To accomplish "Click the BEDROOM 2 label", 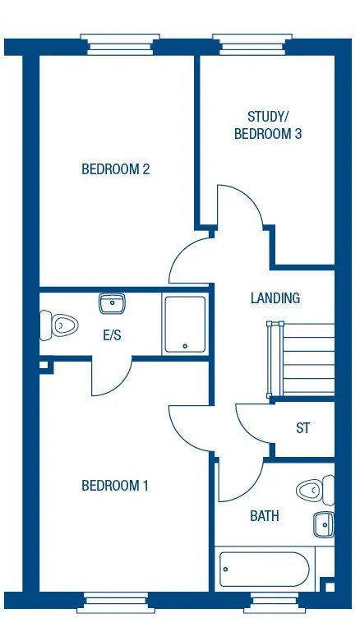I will coord(115,169).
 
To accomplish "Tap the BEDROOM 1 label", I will coord(115,486).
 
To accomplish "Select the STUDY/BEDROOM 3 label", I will coord(268,125).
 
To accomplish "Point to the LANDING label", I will coord(275,298).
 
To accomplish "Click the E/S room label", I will coord(113,334).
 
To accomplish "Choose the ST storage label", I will coord(302,428).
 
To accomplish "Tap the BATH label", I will coord(265,516).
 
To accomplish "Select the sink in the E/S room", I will coord(112,305).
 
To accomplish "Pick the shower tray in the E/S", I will coord(185,325).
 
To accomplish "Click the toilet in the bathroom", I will coord(314,491).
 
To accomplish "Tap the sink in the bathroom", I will coord(324,523).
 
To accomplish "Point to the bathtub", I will coord(264,569).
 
